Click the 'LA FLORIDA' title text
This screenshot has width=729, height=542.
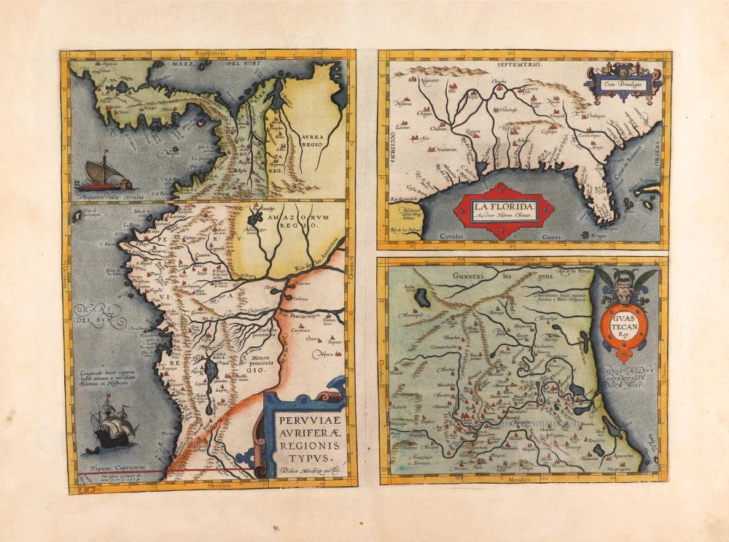504,206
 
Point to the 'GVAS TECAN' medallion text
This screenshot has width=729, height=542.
623,325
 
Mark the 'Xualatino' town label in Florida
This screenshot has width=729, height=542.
446,148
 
